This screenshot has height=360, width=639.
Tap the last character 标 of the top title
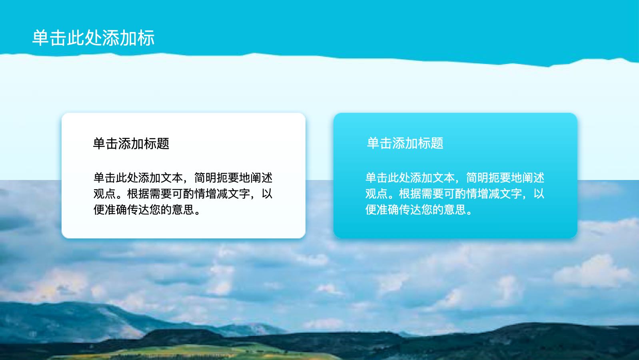pyautogui.click(x=146, y=38)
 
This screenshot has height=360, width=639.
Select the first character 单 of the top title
pyautogui.click(x=40, y=38)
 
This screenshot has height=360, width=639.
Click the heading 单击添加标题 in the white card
pyautogui.click(x=131, y=144)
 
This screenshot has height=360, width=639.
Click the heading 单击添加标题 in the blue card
pyautogui.click(x=405, y=143)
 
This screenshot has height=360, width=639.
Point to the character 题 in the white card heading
pyautogui.click(x=163, y=144)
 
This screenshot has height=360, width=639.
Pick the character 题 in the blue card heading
pyautogui.click(x=437, y=143)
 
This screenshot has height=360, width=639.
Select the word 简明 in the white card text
pyautogui.click(x=206, y=178)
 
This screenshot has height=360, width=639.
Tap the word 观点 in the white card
pyautogui.click(x=105, y=194)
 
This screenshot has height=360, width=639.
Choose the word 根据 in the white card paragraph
pyautogui.click(x=138, y=194)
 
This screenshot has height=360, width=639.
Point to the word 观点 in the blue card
pyautogui.click(x=377, y=194)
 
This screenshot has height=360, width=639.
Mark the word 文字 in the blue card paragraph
pyautogui.click(x=511, y=194)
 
